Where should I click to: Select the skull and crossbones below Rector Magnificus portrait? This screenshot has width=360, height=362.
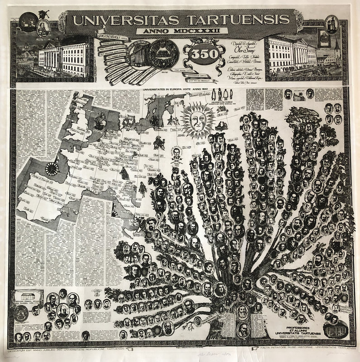[176, 160]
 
